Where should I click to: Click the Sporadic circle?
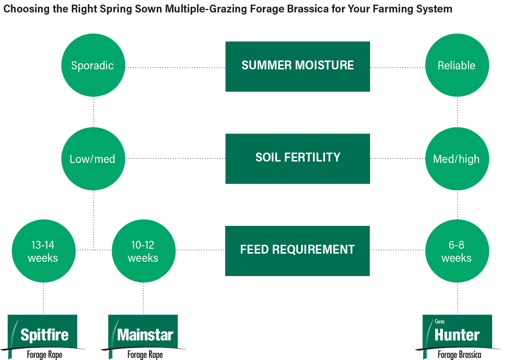point(93,65)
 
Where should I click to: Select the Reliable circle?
point(457,65)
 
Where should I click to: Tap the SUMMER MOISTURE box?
point(298,67)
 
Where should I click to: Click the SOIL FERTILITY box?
point(298,159)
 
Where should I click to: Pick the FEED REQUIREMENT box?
point(297,251)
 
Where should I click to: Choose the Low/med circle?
point(93,159)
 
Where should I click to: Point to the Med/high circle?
point(457,159)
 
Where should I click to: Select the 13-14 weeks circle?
point(44,251)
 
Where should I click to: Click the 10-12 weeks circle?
point(144,251)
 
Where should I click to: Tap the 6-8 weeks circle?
point(457,251)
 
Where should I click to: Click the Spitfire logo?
point(43,337)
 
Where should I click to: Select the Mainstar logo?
point(143,337)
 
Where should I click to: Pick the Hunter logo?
point(457,337)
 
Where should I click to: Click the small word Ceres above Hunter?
point(440,322)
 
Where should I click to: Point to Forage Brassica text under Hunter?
point(459,355)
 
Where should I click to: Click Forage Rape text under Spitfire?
point(44,355)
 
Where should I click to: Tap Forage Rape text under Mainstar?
point(145,355)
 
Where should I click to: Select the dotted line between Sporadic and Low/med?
point(94,112)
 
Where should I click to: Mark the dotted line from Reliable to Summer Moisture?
point(398,67)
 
